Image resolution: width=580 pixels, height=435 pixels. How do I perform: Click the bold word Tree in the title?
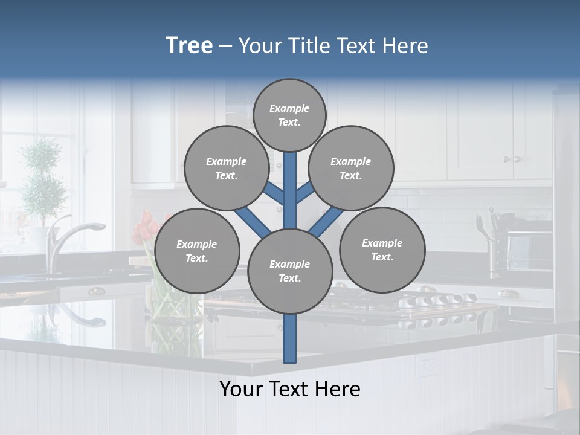(189, 45)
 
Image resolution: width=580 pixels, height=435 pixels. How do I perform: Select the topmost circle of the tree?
(289, 115)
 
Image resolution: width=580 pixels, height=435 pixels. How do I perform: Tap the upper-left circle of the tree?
(226, 169)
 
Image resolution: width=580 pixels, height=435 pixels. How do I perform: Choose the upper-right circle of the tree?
(351, 169)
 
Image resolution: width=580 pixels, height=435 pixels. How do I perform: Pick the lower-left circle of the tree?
(197, 251)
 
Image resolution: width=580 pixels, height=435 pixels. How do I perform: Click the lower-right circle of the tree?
(382, 250)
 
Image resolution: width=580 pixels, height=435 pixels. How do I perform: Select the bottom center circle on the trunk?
(290, 271)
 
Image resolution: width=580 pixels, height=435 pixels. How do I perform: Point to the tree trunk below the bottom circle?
(290, 338)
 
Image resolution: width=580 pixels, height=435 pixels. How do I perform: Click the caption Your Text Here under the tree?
(290, 389)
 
